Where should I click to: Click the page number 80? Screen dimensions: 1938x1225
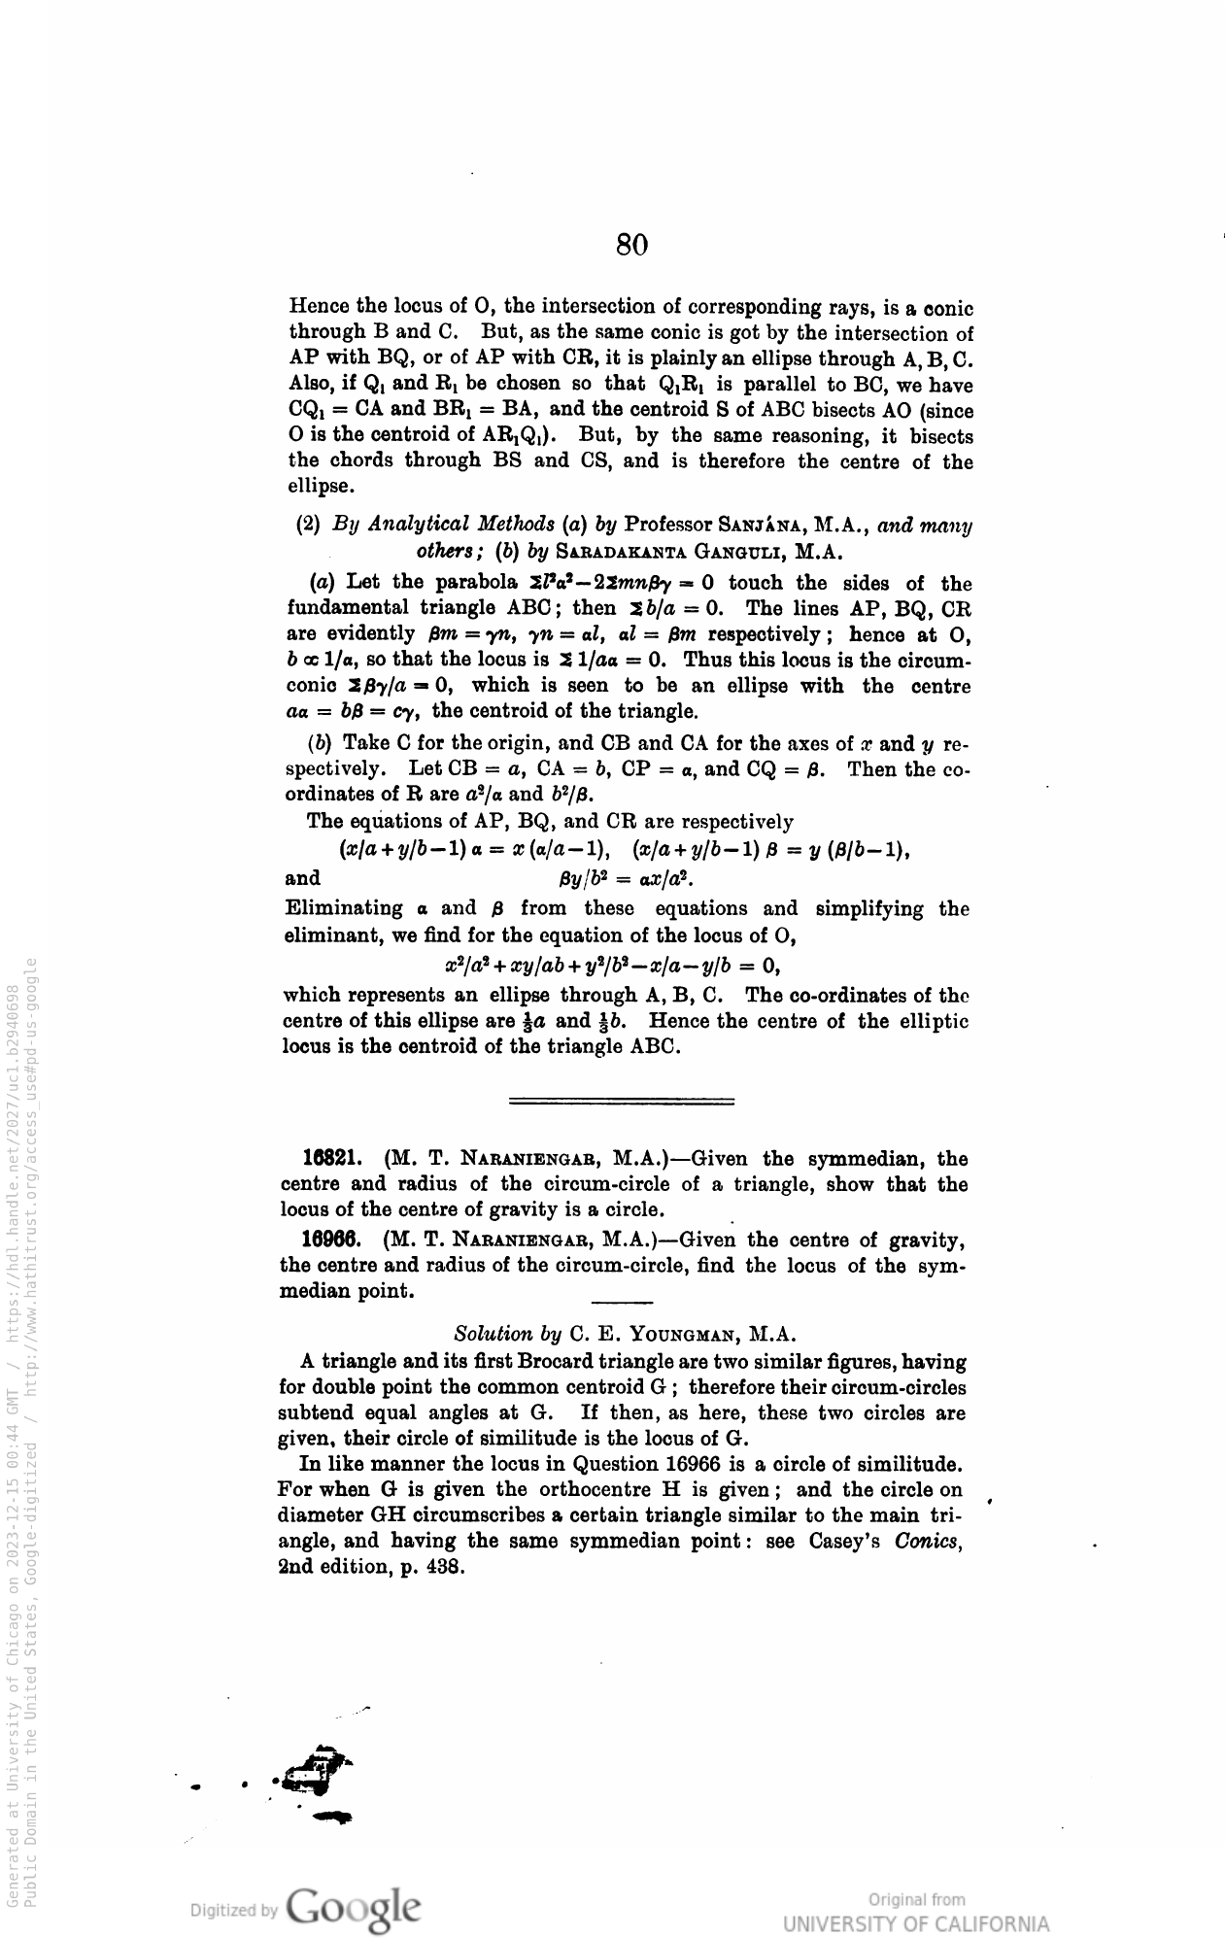pyautogui.click(x=631, y=244)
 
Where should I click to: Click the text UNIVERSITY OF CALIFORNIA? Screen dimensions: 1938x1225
pyautogui.click(x=917, y=1923)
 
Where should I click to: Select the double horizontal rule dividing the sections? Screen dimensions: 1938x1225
pyautogui.click(x=622, y=1102)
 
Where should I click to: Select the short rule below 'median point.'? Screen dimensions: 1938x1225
pyautogui.click(x=622, y=1302)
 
